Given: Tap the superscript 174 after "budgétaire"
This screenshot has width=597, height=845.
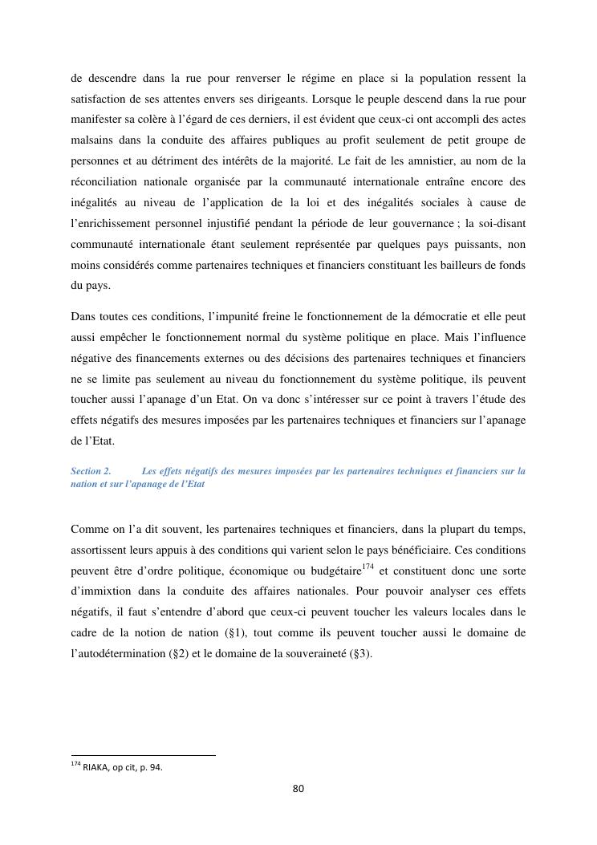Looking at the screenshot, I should tap(368, 567).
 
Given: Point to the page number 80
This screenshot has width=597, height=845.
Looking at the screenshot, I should tap(298, 789).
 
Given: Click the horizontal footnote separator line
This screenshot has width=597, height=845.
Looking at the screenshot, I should tap(143, 755).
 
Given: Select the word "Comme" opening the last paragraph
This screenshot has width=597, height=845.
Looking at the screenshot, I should tap(87, 529).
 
